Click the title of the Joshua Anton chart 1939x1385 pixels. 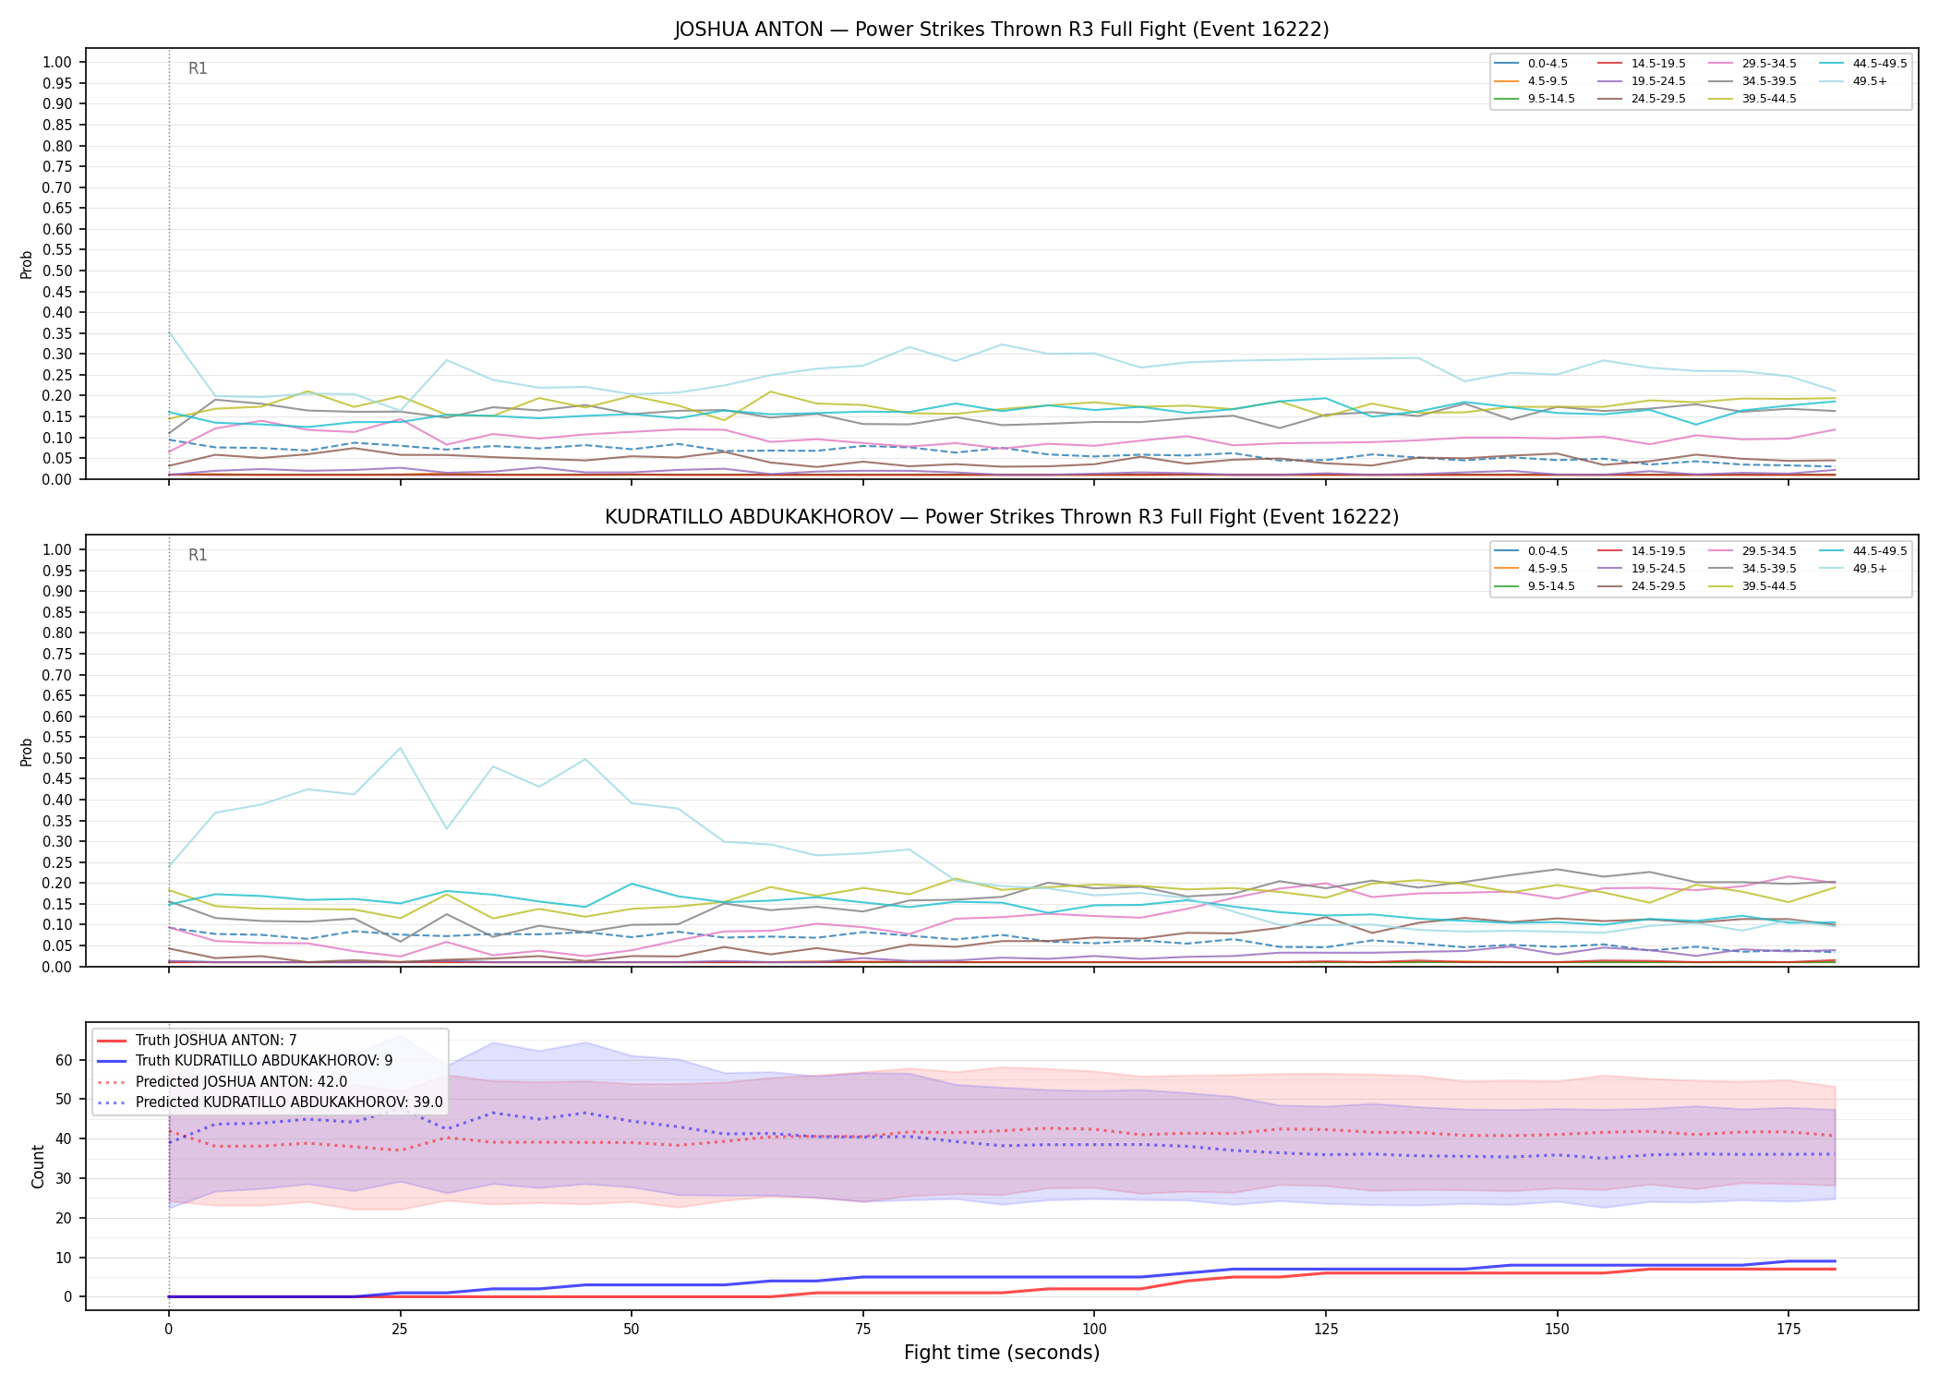coord(1002,30)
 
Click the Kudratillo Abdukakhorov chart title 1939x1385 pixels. coord(1002,517)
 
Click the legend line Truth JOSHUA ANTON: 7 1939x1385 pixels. coord(197,1041)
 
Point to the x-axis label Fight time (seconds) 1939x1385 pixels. coord(1002,1353)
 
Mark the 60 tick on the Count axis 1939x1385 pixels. coord(64,1060)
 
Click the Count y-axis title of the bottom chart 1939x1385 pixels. coord(38,1166)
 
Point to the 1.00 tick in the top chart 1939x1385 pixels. coord(57,63)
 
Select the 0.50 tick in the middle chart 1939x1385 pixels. coord(57,758)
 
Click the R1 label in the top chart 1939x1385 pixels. coord(198,68)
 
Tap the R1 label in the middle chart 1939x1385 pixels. coord(198,555)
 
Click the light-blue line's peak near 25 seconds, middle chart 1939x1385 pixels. coord(400,748)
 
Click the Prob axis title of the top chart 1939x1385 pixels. coord(27,264)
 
